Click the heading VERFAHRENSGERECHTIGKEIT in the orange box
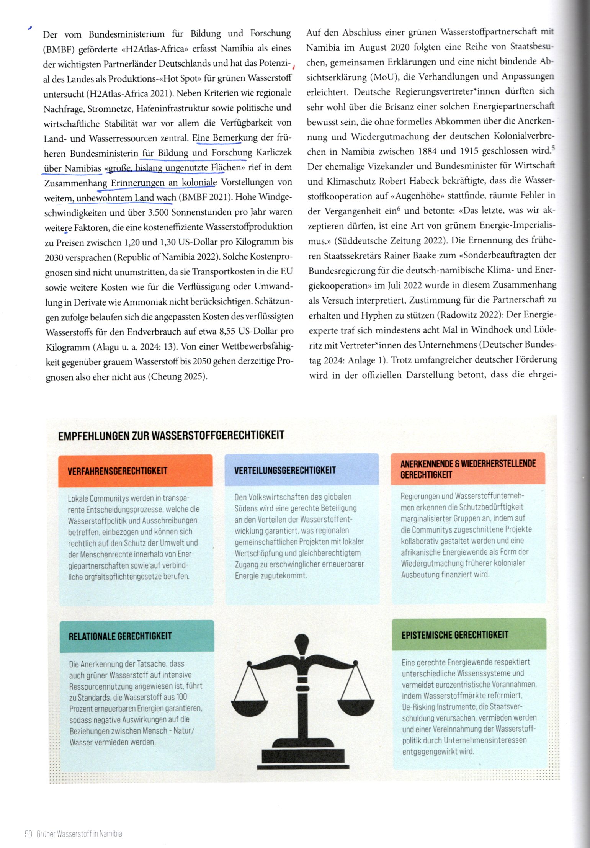118,471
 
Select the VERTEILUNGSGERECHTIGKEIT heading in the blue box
285,470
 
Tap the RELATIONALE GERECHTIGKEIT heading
120,636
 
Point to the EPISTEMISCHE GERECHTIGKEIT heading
455,635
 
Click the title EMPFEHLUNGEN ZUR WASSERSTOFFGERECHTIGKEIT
171,436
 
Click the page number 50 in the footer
28,834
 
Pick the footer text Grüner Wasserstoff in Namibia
79,834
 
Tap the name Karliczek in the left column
274,153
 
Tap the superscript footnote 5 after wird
554,148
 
